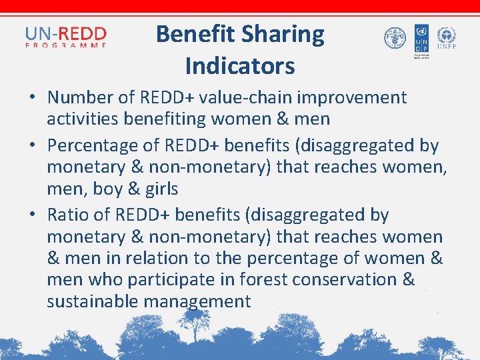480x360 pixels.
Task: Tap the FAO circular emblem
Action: pyautogui.click(x=395, y=37)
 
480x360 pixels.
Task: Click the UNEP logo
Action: pyautogui.click(x=446, y=39)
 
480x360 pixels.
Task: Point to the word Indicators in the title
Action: pyautogui.click(x=240, y=66)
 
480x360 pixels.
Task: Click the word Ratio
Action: pyautogui.click(x=67, y=215)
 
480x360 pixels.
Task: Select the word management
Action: pyautogui.click(x=199, y=301)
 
